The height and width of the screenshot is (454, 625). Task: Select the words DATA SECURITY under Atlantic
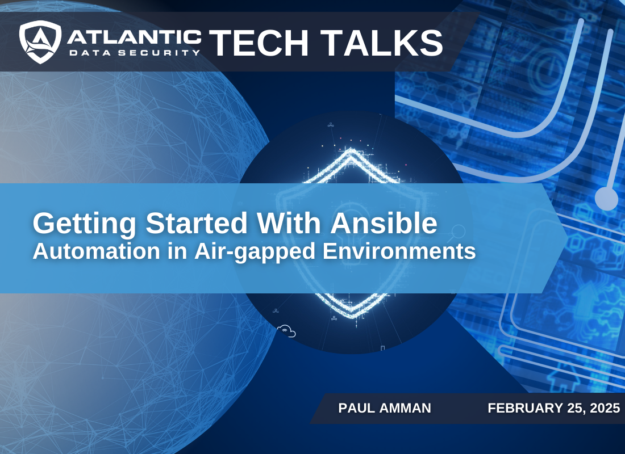pyautogui.click(x=134, y=52)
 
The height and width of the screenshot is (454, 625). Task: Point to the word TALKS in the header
pyautogui.click(x=386, y=43)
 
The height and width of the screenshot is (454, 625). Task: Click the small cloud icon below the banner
pyautogui.click(x=286, y=331)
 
